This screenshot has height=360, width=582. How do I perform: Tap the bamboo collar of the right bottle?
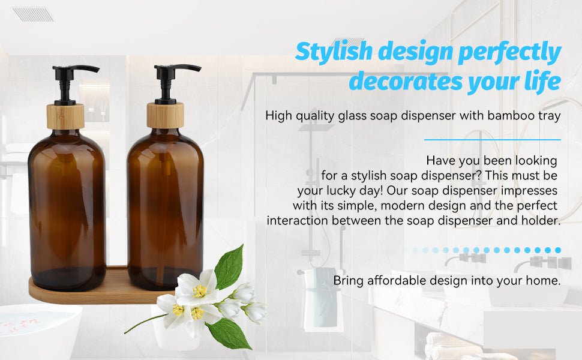pyautogui.click(x=165, y=115)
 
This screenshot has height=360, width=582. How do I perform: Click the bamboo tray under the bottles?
pyautogui.click(x=90, y=294)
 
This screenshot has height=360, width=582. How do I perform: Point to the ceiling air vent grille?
pyautogui.click(x=33, y=14)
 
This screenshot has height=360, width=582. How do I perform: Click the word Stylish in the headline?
pyautogui.click(x=337, y=53)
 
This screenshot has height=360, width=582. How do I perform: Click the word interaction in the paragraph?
pyautogui.click(x=297, y=221)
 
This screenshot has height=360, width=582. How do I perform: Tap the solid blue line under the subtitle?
pyautogui.click(x=492, y=139)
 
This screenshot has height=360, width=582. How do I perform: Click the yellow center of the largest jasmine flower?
pyautogui.click(x=199, y=292)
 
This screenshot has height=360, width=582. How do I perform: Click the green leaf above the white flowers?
pyautogui.click(x=229, y=267)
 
